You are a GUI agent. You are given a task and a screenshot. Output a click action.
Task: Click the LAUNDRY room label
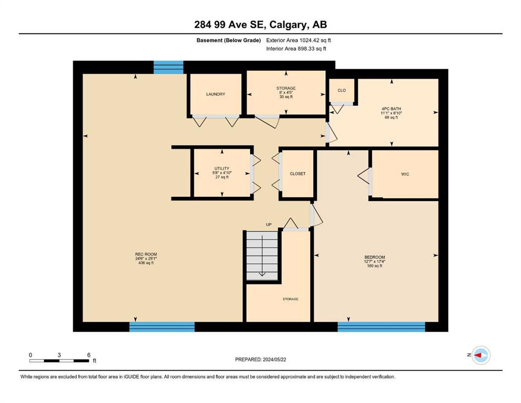[x=215, y=94]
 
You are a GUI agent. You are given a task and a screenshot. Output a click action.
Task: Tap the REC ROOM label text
[x=146, y=254]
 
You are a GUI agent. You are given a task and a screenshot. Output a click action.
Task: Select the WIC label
[x=405, y=174]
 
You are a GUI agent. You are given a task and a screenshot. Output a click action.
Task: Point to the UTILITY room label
[x=221, y=168]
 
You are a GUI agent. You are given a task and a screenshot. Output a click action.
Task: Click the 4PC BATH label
[x=391, y=109]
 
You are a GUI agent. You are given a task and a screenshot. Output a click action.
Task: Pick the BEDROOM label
[x=375, y=257]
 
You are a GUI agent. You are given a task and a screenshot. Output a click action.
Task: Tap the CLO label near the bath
[x=342, y=90]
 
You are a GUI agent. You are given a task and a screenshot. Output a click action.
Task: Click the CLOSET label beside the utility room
[x=297, y=174]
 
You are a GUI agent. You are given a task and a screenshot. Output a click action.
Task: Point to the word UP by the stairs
[x=269, y=225]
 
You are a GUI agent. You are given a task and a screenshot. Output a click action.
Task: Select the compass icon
[x=481, y=355]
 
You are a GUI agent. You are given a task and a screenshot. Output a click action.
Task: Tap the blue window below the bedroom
[x=381, y=326]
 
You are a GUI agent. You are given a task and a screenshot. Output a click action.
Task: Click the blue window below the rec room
[x=162, y=326]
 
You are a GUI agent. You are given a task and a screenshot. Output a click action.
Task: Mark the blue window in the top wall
[x=168, y=68]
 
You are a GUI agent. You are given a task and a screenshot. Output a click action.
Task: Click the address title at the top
[x=260, y=25]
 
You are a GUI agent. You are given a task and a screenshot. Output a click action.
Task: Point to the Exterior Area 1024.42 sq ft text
[x=299, y=40]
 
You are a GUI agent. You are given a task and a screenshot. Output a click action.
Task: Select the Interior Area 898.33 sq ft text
[x=296, y=48]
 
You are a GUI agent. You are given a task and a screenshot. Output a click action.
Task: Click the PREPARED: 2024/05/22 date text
[x=260, y=359]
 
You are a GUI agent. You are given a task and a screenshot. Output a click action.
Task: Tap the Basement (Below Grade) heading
[x=229, y=40]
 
